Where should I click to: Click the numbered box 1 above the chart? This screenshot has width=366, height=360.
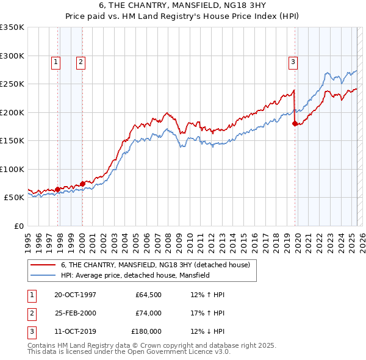[x=56, y=61]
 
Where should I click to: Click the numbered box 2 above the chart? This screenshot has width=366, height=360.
[x=81, y=61]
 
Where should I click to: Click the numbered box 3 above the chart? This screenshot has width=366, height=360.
[x=293, y=61]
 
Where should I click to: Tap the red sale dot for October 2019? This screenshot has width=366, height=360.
[x=295, y=124]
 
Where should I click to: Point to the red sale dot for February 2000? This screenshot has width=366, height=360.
[x=82, y=183]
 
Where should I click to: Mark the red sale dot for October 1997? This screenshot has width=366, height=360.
[x=58, y=189]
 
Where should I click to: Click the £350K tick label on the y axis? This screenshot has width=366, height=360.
[x=12, y=27]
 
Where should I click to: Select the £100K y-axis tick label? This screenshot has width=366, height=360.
[x=12, y=169]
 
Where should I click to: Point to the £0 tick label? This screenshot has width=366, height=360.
[x=18, y=226]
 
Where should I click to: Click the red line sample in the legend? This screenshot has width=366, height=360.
[x=43, y=265]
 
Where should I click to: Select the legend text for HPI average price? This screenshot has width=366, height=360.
[x=135, y=275]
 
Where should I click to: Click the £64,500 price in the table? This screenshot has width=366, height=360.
[x=149, y=295]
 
